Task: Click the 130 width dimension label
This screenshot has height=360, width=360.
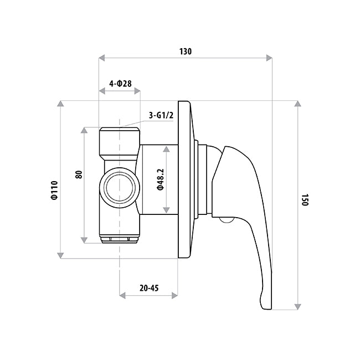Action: pyautogui.click(x=185, y=52)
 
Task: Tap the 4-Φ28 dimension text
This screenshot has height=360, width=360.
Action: pyautogui.click(x=120, y=84)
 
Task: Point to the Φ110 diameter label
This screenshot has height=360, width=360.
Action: pyautogui.click(x=54, y=191)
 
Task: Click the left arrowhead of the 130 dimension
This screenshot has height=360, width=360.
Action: pyautogui.click(x=101, y=57)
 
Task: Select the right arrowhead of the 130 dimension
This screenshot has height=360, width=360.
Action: pyautogui.click(x=270, y=57)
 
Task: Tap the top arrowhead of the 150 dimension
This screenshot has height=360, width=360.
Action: pyautogui.click(x=298, y=105)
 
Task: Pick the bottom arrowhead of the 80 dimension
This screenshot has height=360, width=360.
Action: pyautogui.click(x=84, y=240)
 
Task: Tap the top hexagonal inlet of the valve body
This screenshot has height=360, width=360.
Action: pyautogui.click(x=119, y=141)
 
